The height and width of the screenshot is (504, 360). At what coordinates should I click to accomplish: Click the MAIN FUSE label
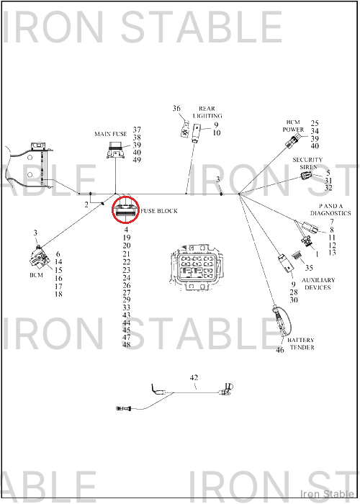point(111,134)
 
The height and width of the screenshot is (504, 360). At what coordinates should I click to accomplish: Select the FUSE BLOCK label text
point(159,211)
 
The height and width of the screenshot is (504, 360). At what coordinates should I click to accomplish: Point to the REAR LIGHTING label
point(207,112)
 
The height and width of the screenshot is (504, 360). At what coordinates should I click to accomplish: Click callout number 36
point(176,108)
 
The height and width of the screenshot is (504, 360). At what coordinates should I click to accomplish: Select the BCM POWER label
point(293,126)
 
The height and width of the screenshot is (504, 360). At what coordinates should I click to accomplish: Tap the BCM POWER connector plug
point(293,140)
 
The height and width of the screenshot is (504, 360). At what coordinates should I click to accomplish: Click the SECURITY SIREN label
point(307,163)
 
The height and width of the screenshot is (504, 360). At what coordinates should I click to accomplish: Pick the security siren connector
point(306,175)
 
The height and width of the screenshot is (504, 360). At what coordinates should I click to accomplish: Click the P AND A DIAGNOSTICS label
point(330,210)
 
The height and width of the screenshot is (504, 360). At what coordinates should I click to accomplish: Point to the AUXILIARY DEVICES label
point(318,284)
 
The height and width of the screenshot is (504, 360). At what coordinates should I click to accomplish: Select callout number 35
point(309,267)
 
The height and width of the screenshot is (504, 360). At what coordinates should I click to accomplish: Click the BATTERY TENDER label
point(301,343)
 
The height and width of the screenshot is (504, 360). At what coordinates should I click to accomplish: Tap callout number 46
point(280,350)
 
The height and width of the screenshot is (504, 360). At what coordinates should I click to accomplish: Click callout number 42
point(194,377)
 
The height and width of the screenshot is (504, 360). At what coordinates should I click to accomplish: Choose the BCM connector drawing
point(38,257)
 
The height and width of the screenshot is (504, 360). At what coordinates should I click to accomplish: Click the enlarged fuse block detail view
point(196,267)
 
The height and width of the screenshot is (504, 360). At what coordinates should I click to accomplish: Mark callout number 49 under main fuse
point(137,160)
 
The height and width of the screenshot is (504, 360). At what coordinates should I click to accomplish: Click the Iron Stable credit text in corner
point(327,494)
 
